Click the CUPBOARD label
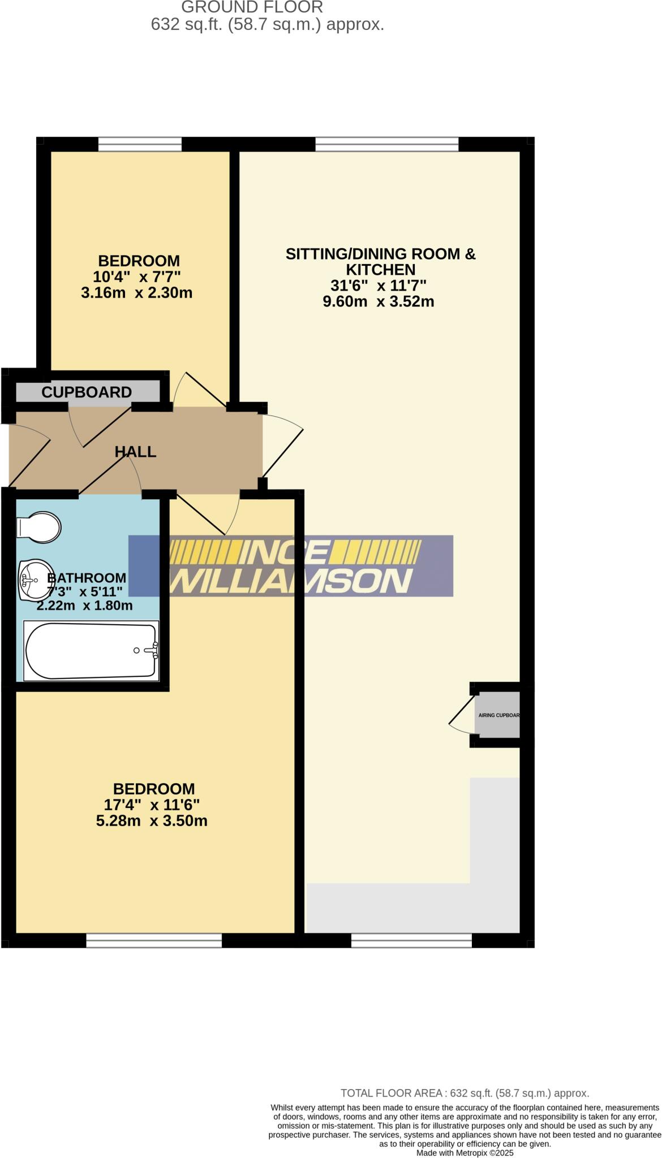point(87,392)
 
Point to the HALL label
point(135,452)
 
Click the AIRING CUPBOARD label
point(498,715)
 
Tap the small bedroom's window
point(140,145)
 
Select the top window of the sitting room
point(386,145)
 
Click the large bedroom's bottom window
point(154,940)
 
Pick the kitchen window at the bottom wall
point(411,940)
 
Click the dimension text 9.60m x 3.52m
point(378,301)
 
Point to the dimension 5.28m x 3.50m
point(152,820)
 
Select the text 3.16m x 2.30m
point(137,293)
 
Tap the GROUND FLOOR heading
point(252,7)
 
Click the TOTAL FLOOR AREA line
point(465,1093)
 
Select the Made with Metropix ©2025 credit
point(465,1152)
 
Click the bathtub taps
point(152,651)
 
